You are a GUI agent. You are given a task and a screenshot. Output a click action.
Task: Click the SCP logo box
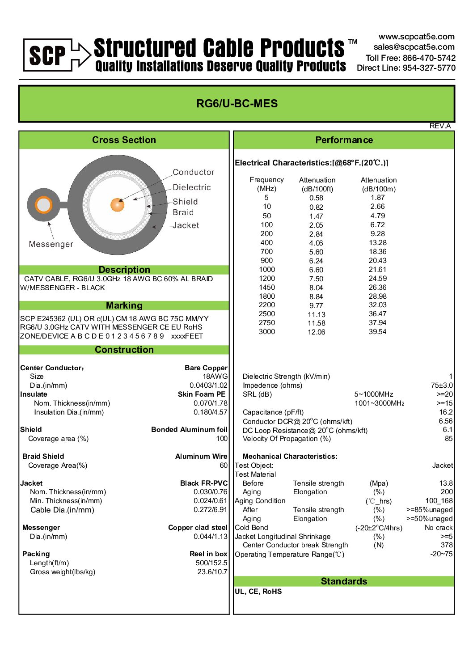click(47, 55)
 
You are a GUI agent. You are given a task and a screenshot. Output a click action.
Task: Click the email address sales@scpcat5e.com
click(414, 47)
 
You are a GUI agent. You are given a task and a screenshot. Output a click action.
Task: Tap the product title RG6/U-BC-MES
click(237, 104)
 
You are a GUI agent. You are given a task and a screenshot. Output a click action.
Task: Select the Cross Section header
click(124, 140)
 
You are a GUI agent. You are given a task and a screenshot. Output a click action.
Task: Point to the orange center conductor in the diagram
click(117, 205)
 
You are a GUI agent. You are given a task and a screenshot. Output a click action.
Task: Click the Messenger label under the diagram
click(51, 244)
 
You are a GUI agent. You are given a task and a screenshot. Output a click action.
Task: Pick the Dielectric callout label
click(192, 187)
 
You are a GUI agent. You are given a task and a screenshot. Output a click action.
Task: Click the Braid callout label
click(183, 212)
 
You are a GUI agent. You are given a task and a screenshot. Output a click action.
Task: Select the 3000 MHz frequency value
click(267, 332)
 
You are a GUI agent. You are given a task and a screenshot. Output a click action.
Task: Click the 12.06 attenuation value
click(317, 332)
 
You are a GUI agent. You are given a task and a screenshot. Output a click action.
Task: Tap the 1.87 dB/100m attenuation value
click(378, 198)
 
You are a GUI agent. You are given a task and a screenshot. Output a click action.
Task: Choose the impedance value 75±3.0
click(442, 385)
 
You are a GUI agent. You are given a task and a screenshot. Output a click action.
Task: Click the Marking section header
click(124, 305)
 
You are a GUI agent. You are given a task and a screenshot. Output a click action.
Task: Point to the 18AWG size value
click(215, 377)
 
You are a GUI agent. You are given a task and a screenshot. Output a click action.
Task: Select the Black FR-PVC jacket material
click(204, 483)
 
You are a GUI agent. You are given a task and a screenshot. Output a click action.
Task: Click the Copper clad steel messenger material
click(198, 528)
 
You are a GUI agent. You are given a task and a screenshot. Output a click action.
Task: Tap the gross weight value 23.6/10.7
click(212, 572)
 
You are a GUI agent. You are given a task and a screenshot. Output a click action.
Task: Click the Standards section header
click(344, 581)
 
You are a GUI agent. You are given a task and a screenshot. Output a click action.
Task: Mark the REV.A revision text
click(440, 126)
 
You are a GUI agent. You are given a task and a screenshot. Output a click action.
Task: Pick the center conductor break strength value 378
click(447, 545)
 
